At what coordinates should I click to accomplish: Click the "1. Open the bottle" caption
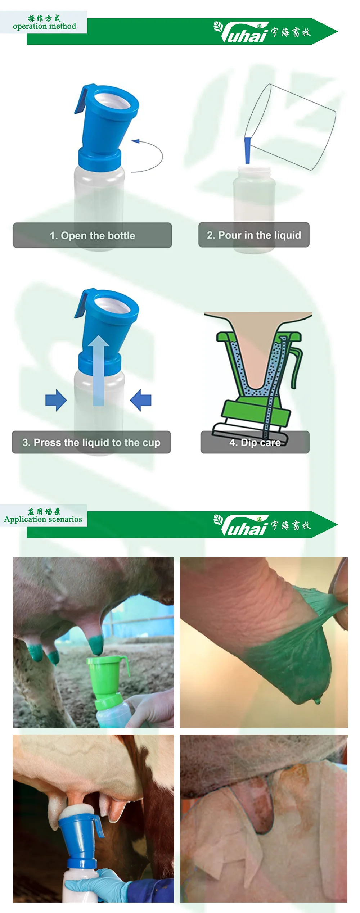coord(92,235)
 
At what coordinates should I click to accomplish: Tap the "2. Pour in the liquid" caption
coord(254,235)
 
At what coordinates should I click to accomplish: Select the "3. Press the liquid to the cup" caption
coord(91,442)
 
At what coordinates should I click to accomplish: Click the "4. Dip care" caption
coord(255,442)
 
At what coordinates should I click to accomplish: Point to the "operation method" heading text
coord(44,26)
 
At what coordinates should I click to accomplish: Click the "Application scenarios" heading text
coord(43,519)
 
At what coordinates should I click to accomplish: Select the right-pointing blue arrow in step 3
coord(56,400)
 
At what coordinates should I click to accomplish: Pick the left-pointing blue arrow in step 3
coord(141,400)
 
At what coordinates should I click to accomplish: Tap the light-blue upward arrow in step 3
coord(99,371)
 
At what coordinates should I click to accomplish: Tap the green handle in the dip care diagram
coord(296,367)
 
